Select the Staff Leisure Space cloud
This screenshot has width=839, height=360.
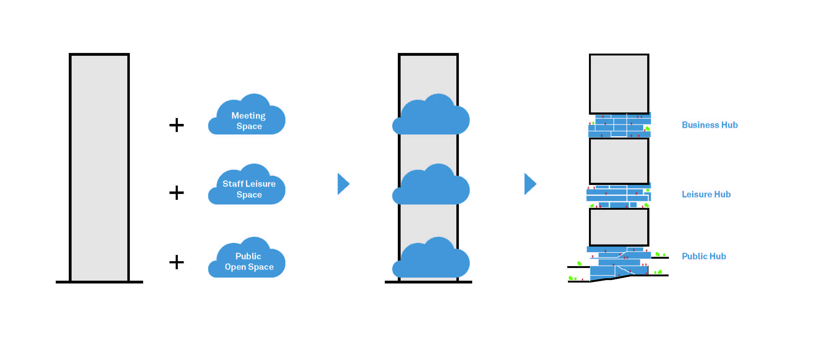[x=248, y=187]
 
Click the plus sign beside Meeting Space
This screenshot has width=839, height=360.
[x=177, y=125]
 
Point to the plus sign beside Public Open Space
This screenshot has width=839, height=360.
[x=177, y=262]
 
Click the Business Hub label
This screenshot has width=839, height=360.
[x=709, y=125]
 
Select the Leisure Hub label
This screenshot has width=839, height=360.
[x=706, y=195]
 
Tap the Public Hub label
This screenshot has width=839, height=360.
[x=704, y=257]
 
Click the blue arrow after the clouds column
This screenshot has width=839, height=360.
[x=343, y=184]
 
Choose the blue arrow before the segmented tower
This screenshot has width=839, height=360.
[x=529, y=184]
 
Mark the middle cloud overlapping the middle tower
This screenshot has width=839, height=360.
[x=431, y=187]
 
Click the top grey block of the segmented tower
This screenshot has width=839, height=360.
[x=619, y=84]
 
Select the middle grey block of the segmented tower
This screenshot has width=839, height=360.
[x=619, y=161]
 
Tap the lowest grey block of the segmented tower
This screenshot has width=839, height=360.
[x=619, y=227]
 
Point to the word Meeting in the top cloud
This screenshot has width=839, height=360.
[x=248, y=116]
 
